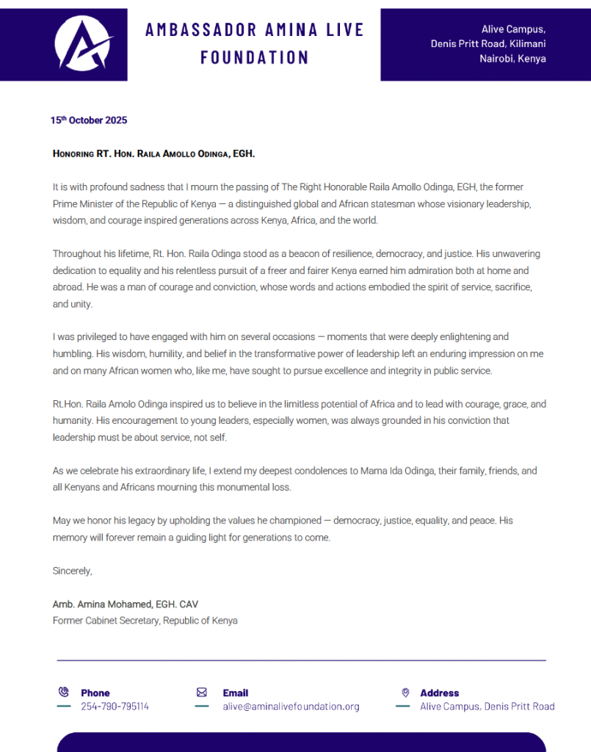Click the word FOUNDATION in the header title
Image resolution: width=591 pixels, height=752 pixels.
point(255,57)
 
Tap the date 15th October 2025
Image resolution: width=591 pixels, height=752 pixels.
point(88,120)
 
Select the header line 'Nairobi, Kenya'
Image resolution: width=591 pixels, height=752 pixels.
point(512,59)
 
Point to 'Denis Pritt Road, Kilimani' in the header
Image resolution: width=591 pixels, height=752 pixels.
point(488,44)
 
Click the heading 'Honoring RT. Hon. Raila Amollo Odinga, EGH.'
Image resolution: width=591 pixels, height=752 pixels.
point(153,154)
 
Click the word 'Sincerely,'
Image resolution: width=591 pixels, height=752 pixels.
point(73,571)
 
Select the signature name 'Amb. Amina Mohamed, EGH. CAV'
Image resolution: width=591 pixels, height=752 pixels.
point(126,604)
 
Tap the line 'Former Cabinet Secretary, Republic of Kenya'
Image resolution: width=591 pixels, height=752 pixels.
point(145,621)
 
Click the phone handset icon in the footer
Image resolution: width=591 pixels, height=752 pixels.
point(63,692)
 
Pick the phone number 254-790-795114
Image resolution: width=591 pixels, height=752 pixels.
point(115,706)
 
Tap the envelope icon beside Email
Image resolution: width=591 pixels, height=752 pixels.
point(201,692)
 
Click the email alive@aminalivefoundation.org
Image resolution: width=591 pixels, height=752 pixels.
point(291,706)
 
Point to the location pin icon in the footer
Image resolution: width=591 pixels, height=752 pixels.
point(405,692)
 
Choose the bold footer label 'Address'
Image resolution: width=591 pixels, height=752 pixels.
point(439,693)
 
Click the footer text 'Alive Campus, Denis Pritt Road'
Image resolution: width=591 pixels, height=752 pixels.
point(487,706)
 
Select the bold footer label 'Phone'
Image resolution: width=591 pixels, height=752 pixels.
point(95,693)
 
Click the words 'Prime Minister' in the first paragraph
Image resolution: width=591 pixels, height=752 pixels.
point(82,203)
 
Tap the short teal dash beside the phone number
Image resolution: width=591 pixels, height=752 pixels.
point(64,706)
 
